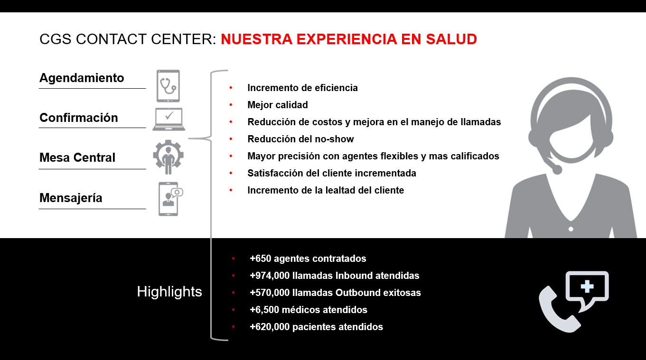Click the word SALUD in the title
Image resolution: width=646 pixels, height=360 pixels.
[x=451, y=39]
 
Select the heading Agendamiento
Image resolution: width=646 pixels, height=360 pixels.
[x=82, y=78]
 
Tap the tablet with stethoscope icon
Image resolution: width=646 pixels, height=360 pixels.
[x=168, y=86]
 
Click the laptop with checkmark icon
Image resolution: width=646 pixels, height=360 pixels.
[x=169, y=120]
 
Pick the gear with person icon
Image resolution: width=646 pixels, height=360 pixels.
[x=169, y=157]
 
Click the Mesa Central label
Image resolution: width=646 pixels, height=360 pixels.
[x=77, y=157]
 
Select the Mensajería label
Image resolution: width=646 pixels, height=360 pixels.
[x=71, y=198]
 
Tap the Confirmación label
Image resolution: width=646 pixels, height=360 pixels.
[x=79, y=118]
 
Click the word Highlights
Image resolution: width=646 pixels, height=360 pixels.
[x=169, y=291]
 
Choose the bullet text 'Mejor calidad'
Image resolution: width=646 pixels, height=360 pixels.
[x=278, y=105]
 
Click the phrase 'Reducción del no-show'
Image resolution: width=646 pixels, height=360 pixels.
[x=300, y=139]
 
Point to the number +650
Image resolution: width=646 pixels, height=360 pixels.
[x=261, y=258]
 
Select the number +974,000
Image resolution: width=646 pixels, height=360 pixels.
[x=270, y=276]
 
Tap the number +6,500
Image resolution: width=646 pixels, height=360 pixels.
[x=264, y=310]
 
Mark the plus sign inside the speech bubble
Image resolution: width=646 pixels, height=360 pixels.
[x=587, y=286]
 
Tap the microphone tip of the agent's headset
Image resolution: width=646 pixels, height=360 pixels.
[x=557, y=170]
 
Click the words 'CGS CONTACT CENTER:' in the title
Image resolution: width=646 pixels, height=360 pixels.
[x=128, y=39]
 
